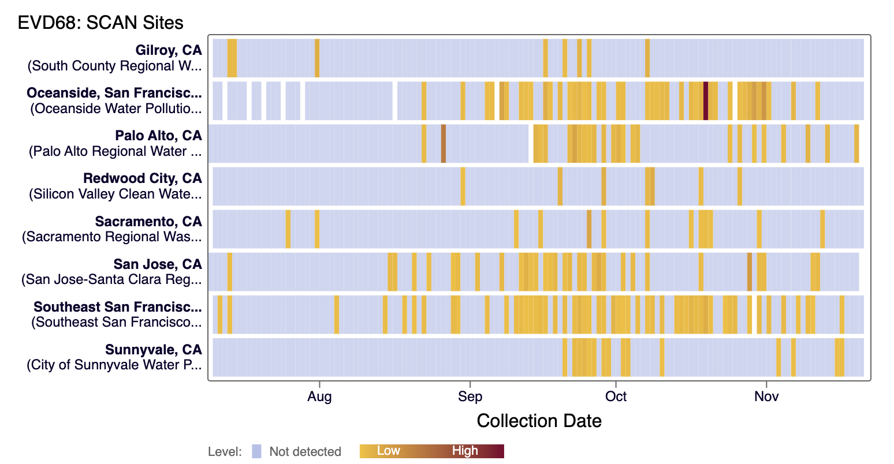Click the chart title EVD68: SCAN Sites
coord(100,23)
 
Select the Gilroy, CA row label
coord(169,50)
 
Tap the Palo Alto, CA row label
coord(158,136)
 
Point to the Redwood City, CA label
coord(142,178)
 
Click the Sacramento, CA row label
coord(148,222)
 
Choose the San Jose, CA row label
coord(158,264)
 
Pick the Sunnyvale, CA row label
coord(153,350)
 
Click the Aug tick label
coord(319,396)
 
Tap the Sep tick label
coord(470,396)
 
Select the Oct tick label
coord(616,396)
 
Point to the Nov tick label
coord(766,396)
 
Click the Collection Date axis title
coord(539,421)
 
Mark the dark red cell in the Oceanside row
coord(706,101)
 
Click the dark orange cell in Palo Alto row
coord(444,144)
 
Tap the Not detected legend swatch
coord(257,451)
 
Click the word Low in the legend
coord(388,451)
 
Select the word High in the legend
coord(465,451)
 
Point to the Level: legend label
coord(225,451)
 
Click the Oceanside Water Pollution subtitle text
coord(116,108)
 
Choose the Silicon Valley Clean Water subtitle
coord(115,194)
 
